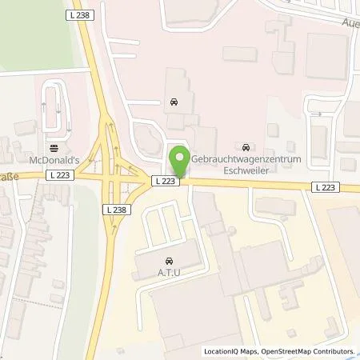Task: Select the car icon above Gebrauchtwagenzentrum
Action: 246,146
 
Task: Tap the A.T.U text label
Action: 169,272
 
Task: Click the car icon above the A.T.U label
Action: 170,262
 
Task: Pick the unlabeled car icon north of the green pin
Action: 174,102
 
